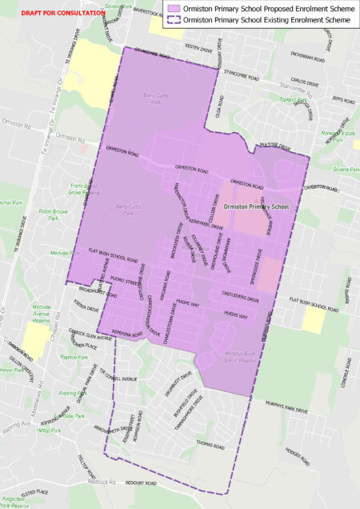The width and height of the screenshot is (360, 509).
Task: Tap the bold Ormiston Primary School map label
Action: coord(256,206)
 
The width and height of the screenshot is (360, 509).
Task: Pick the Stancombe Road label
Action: coord(242,78)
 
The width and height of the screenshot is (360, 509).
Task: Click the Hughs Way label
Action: coord(238,315)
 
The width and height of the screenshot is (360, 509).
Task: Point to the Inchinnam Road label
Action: coord(308,58)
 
